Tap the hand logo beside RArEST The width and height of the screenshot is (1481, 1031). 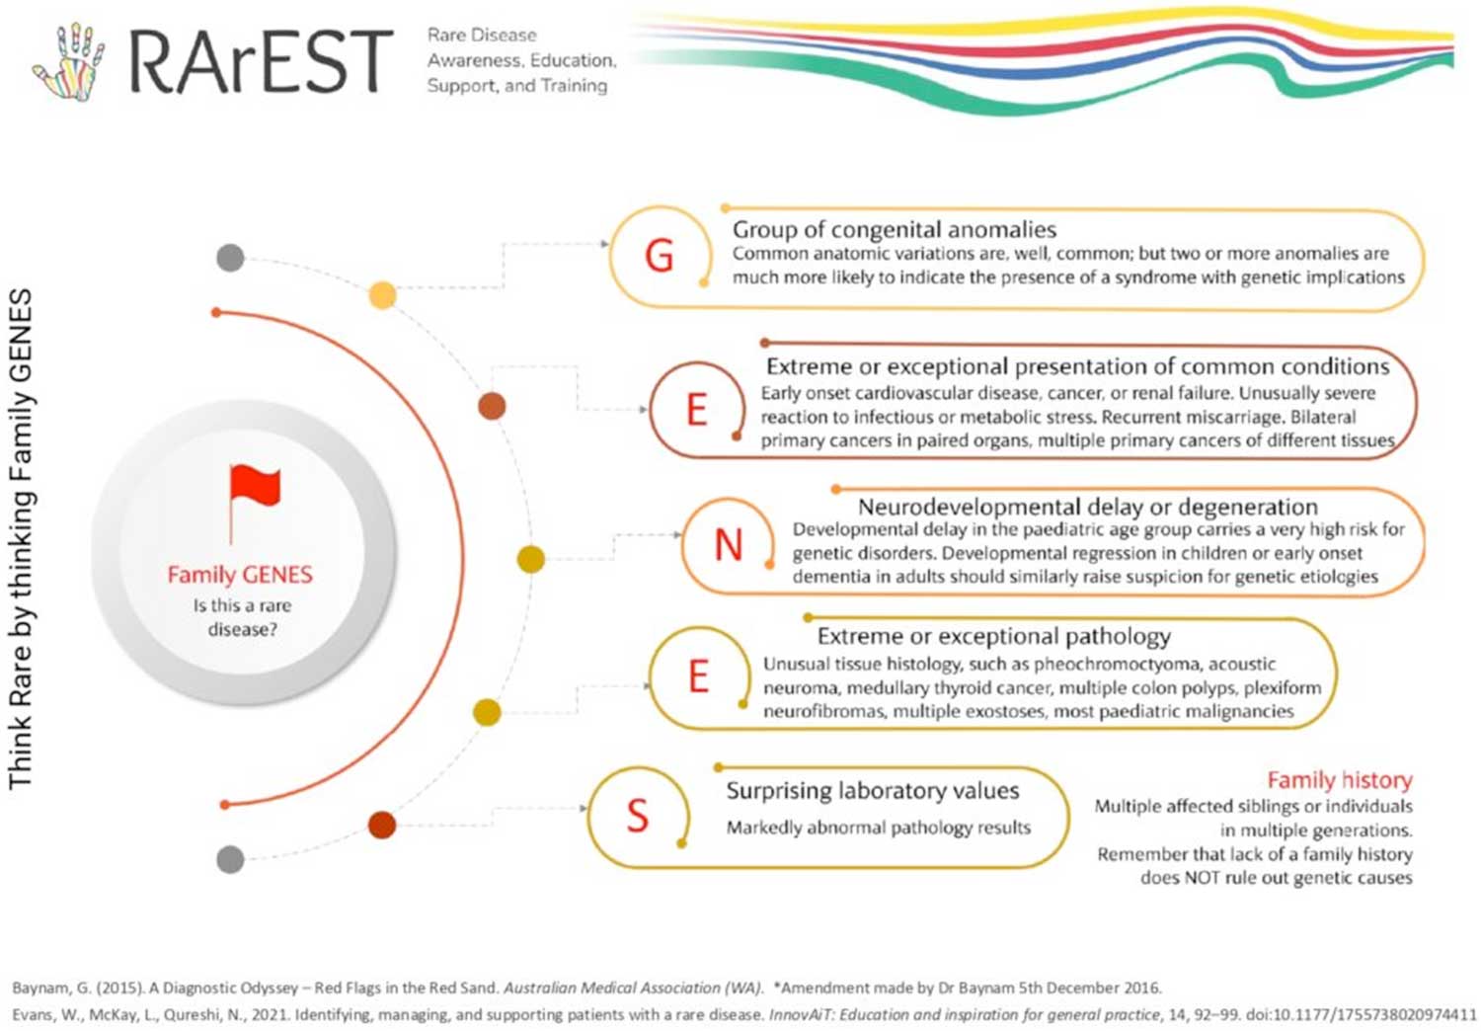pos(69,61)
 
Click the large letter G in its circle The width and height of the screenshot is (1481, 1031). pos(660,256)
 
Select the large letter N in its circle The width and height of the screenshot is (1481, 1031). pos(729,545)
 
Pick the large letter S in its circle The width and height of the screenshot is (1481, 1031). pos(638,816)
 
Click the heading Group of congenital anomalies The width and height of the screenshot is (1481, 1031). pos(894,229)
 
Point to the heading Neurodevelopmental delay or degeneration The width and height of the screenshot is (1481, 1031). pos(1088,507)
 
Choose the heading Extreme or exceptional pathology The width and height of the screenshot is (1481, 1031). pos(993,636)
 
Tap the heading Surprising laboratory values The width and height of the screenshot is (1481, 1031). pos(873,791)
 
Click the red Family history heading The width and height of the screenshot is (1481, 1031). pos(1340,780)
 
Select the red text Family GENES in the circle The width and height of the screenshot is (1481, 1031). pos(240,575)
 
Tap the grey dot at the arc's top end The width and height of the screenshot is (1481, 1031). pos(230,257)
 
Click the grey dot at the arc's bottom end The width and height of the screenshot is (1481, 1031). pos(230,859)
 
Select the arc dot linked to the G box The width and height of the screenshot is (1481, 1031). pos(382,295)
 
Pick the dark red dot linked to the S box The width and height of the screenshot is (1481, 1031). pos(381,825)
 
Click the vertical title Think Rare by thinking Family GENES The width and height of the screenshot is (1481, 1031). pos(21,539)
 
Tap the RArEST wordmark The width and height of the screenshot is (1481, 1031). pos(262,61)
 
